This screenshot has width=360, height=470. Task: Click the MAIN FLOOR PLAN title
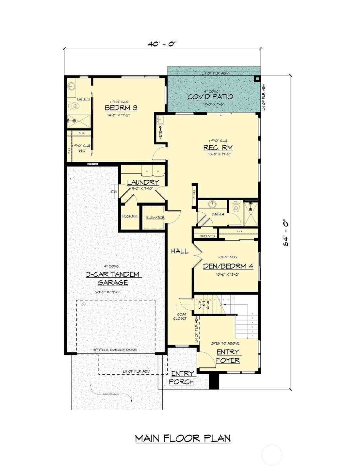point(183,438)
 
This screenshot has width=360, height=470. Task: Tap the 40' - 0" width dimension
point(162,44)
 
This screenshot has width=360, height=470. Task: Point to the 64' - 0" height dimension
point(286,232)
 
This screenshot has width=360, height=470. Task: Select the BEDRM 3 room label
point(121,108)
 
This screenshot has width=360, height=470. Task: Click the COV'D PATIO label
point(210,97)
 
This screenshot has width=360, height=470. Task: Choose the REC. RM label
point(218,148)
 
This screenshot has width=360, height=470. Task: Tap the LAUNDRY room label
point(143,182)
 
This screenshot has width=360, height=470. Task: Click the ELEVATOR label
point(155,218)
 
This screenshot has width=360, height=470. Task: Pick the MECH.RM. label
point(130,217)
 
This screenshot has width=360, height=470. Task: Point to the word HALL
point(180,251)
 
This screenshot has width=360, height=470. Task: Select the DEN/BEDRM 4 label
point(228,266)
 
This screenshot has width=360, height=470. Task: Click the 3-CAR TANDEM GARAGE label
point(113,278)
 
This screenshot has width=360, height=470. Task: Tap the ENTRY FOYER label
point(228,356)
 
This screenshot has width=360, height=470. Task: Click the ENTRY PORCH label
point(182,378)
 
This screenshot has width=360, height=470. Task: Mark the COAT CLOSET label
point(180,316)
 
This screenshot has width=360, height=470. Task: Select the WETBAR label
point(160,133)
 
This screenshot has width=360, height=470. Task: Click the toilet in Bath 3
point(75,106)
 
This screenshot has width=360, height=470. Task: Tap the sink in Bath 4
point(212,204)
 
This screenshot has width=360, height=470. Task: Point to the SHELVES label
point(207,236)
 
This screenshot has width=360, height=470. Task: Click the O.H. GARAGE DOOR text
point(114,350)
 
